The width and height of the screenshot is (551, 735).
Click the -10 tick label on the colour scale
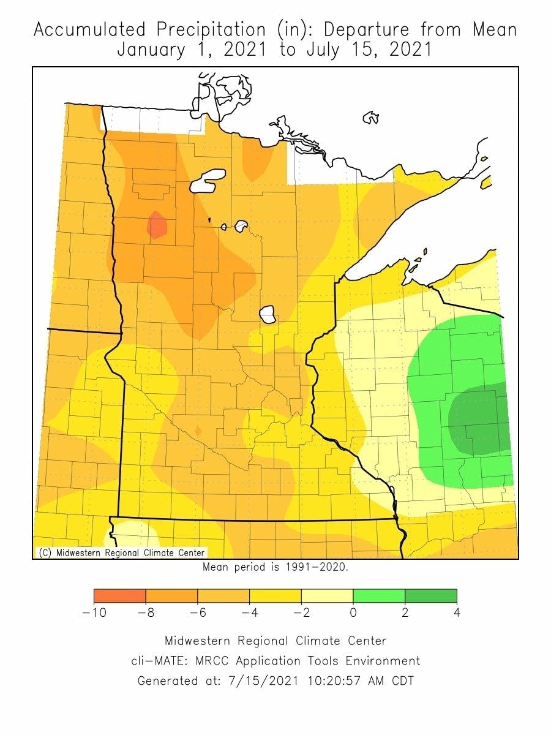[x=94, y=612]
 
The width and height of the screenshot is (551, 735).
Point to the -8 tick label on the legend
[x=146, y=612]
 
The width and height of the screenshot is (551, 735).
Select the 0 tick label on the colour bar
[x=353, y=612]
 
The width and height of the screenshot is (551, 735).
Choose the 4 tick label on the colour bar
[x=457, y=612]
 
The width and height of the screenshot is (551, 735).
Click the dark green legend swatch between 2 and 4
[x=431, y=596]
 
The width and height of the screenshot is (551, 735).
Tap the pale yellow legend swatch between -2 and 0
[x=327, y=596]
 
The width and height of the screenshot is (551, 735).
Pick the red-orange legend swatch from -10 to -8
[x=120, y=596]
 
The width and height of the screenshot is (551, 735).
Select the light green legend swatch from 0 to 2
[x=379, y=596]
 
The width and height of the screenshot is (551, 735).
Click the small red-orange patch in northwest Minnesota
[x=157, y=225]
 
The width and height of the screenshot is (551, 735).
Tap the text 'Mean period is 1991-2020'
[x=275, y=567]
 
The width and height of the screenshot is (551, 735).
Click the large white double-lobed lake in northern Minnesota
[x=208, y=180]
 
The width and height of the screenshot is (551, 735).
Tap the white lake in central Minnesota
[x=268, y=315]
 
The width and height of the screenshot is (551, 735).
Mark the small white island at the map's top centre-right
[x=370, y=117]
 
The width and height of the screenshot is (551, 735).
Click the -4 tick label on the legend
[x=249, y=612]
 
